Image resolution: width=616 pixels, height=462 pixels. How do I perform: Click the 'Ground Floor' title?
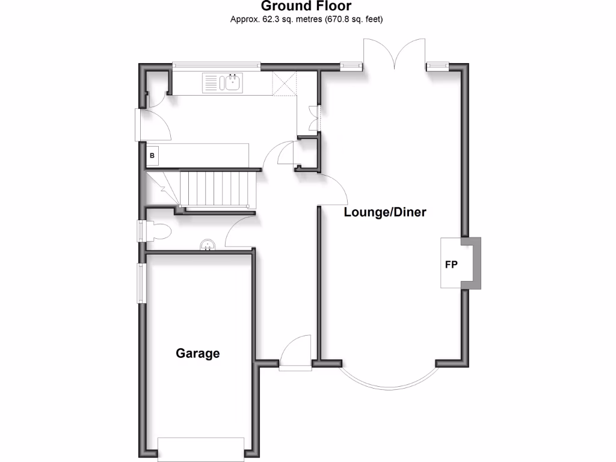[x=306, y=7]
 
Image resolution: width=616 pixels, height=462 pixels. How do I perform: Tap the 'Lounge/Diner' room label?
[x=385, y=212]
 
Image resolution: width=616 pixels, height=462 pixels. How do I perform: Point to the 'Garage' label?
[x=198, y=353]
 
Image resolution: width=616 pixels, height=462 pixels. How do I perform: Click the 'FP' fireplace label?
[x=452, y=264]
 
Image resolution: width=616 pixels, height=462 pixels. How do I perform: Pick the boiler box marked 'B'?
[x=152, y=156]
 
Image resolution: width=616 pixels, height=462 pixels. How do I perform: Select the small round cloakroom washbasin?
[x=208, y=245]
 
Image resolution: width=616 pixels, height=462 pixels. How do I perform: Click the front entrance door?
[x=295, y=360]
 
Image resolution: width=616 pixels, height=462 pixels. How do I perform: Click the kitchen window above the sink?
[x=216, y=64]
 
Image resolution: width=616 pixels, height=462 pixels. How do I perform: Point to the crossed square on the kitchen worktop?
[x=285, y=84]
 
